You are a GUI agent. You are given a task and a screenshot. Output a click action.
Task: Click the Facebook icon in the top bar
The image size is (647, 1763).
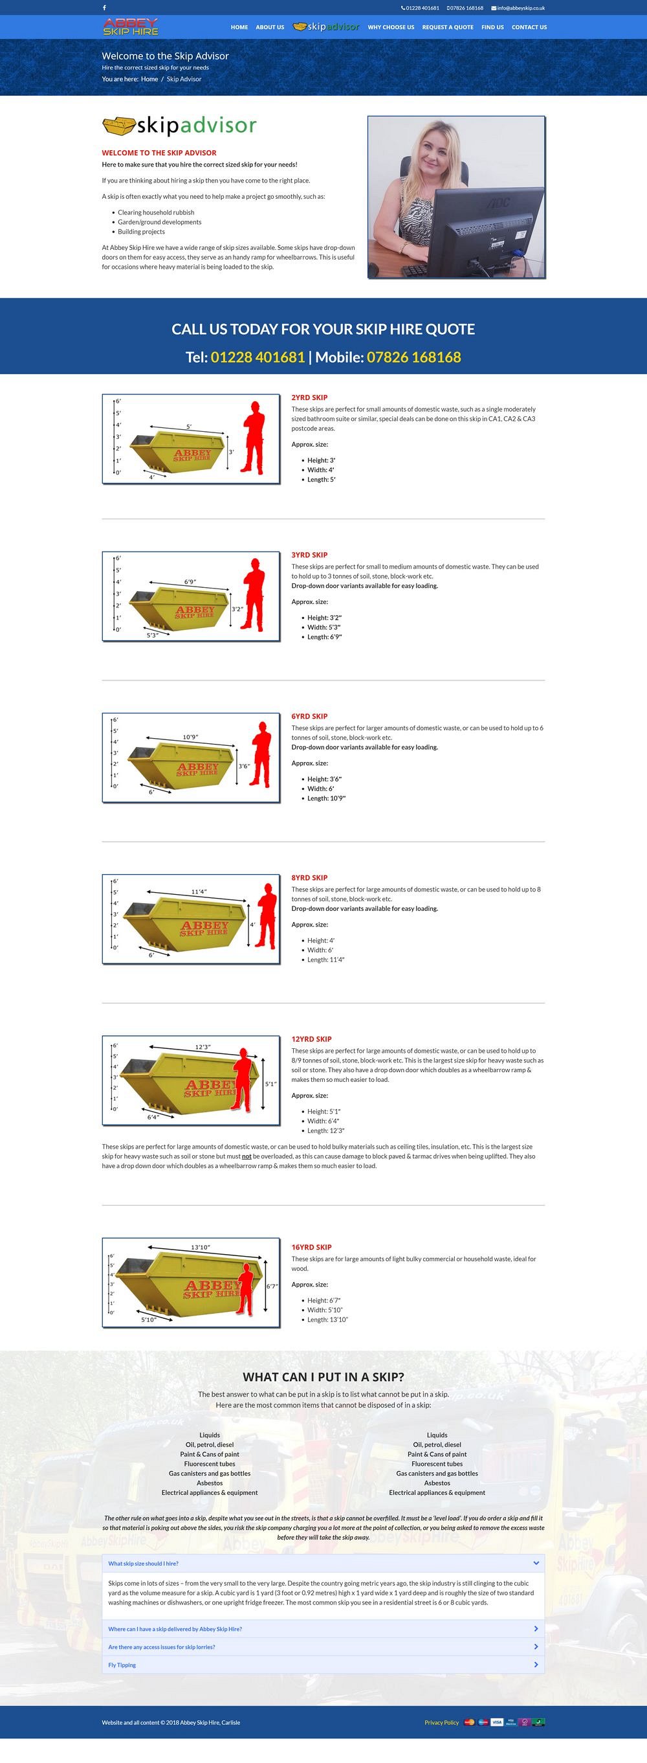tap(105, 8)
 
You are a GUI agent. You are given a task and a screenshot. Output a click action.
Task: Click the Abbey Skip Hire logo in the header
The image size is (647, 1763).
tap(131, 27)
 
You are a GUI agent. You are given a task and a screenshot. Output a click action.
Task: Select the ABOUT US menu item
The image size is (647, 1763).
tap(269, 27)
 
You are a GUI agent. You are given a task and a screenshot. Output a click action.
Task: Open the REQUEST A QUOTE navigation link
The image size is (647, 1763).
tap(447, 27)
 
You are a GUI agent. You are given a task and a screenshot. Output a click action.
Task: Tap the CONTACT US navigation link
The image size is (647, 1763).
tap(529, 27)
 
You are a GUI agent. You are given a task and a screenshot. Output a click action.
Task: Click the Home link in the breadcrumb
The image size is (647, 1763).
tap(149, 80)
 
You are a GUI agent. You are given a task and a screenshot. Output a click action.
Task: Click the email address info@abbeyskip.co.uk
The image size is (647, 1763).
tap(520, 8)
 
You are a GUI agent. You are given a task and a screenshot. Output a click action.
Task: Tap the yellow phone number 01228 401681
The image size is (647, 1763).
tap(258, 357)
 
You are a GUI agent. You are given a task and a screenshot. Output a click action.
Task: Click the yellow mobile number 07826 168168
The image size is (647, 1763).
tap(414, 357)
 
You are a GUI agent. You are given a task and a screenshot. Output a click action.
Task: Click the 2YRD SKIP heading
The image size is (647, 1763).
tap(309, 398)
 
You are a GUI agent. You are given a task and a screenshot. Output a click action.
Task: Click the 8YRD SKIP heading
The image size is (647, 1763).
tap(309, 877)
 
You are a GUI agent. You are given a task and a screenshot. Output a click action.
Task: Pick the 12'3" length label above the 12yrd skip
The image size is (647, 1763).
tap(203, 1047)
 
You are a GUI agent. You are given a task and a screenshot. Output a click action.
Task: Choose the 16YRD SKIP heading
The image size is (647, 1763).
tap(311, 1247)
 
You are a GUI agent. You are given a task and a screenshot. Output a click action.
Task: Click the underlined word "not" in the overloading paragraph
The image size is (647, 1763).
tap(247, 1156)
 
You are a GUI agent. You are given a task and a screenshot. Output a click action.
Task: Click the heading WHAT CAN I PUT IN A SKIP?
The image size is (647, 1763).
tap(323, 1377)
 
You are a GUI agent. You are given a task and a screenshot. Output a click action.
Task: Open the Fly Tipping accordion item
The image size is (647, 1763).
tap(122, 1665)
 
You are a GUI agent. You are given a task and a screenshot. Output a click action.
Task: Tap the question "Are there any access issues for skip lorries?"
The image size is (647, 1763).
tap(161, 1647)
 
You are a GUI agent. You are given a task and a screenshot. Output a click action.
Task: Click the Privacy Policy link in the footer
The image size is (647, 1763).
tap(441, 1723)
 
